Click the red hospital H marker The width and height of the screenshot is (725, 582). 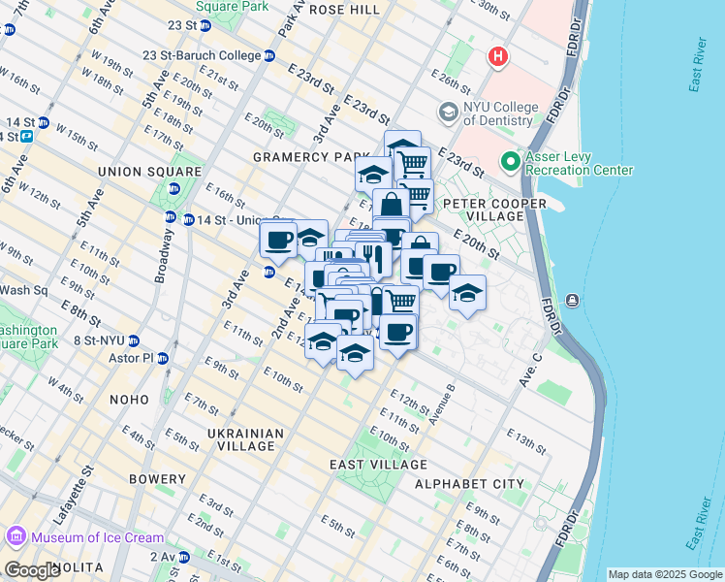pyautogui.click(x=498, y=57)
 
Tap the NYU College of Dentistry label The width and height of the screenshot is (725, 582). pyautogui.click(x=498, y=113)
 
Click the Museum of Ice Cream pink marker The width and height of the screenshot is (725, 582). pyautogui.click(x=15, y=536)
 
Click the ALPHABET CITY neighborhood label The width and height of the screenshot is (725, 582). pyautogui.click(x=469, y=484)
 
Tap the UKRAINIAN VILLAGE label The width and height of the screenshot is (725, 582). pyautogui.click(x=246, y=439)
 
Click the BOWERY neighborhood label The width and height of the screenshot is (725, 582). pyautogui.click(x=155, y=479)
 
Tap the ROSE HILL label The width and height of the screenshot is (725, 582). pyautogui.click(x=344, y=9)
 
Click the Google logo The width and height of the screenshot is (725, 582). pyautogui.click(x=32, y=570)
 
